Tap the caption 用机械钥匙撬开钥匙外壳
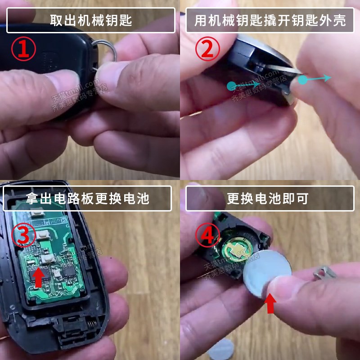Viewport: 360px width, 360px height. [x=270, y=20]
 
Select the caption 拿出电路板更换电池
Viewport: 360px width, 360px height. [x=87, y=198]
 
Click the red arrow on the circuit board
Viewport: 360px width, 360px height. [x=39, y=277]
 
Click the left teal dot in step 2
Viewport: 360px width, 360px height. [x=231, y=84]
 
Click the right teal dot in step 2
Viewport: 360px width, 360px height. [x=303, y=81]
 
